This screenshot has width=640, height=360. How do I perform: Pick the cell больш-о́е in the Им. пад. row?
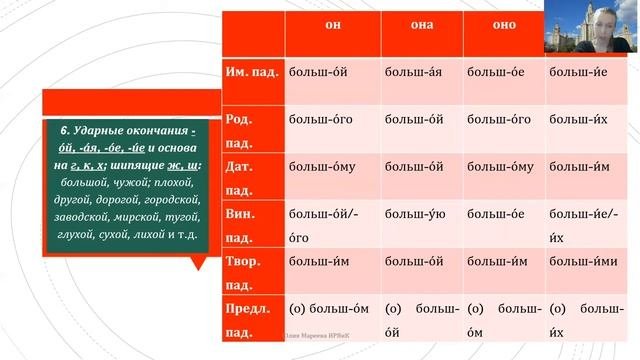coord(497,72)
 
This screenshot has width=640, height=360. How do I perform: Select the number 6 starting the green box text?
coord(64,131)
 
